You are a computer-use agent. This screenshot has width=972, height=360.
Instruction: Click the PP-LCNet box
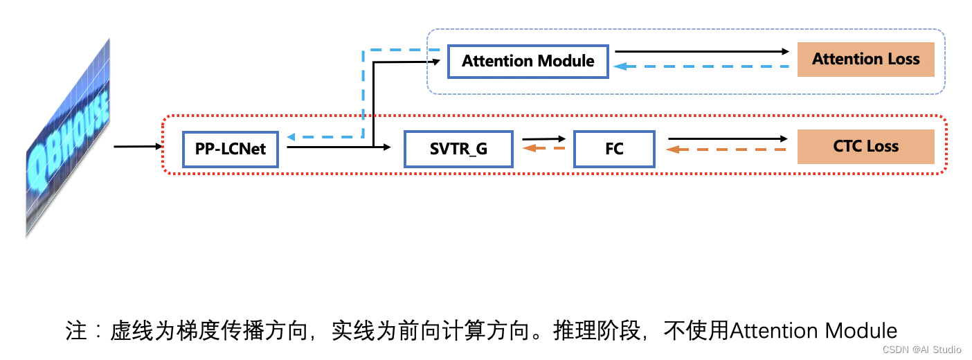pyautogui.click(x=230, y=149)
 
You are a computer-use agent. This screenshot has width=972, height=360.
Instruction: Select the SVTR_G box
pyautogui.click(x=458, y=149)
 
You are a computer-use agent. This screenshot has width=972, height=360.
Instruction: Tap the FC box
pyautogui.click(x=614, y=149)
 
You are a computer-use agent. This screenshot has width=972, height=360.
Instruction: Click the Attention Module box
pyautogui.click(x=528, y=61)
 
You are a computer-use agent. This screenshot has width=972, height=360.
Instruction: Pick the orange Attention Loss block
pyautogui.click(x=865, y=60)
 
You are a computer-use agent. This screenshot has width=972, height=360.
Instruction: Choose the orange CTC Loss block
pyautogui.click(x=865, y=147)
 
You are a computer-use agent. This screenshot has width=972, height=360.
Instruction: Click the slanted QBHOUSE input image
pyautogui.click(x=68, y=138)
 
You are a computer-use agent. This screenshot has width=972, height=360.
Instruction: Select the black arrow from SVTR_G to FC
pyautogui.click(x=544, y=139)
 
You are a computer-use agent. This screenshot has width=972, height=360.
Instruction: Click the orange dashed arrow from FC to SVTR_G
pyautogui.click(x=544, y=148)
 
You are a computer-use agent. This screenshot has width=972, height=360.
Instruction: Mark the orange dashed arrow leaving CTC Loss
pyautogui.click(x=727, y=149)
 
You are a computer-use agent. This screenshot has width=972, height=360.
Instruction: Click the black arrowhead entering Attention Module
pyautogui.click(x=438, y=61)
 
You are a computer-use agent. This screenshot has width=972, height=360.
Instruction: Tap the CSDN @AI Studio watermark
pyautogui.click(x=922, y=350)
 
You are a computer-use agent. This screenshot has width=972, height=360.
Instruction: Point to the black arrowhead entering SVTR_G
pyautogui.click(x=388, y=147)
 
